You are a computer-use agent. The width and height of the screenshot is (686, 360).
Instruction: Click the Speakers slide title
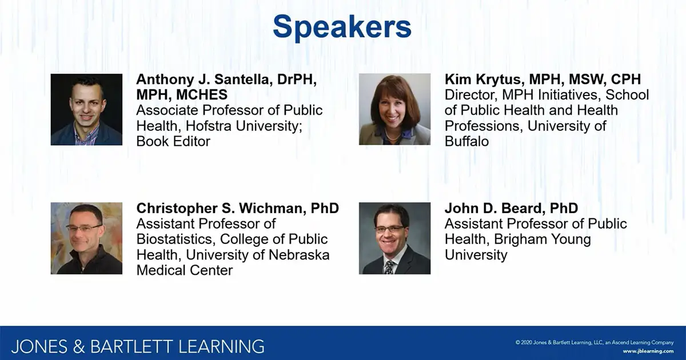[x=342, y=27]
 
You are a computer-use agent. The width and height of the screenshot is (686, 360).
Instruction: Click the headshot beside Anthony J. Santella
[x=86, y=109]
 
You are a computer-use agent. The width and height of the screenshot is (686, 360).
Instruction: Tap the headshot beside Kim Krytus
[x=394, y=109]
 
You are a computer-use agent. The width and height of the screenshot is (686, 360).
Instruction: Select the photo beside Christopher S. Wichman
[x=86, y=238]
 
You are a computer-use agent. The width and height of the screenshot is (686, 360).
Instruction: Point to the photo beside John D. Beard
[x=394, y=238]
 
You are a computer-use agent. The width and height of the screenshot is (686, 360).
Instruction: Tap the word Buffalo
[x=466, y=141]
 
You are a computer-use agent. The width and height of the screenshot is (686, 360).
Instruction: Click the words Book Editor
[x=173, y=141]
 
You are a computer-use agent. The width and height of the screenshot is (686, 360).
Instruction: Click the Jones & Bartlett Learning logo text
[x=138, y=346]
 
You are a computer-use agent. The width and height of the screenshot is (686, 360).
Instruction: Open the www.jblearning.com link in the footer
[x=648, y=350]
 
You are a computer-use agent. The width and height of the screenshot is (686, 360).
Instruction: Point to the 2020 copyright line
[x=595, y=342]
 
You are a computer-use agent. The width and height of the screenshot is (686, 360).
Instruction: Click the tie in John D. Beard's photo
[x=389, y=266]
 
